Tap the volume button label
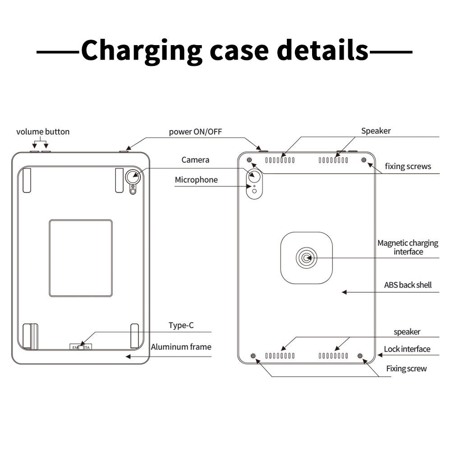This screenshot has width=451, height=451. click(43, 132)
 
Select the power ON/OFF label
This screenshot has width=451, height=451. click(195, 132)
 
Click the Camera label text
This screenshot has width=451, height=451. click(195, 160)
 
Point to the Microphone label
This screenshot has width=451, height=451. click(196, 180)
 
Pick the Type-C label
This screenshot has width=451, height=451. click(181, 325)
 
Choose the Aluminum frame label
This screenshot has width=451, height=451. click(181, 347)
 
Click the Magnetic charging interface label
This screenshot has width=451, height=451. click(408, 247)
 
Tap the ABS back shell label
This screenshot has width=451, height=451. click(408, 285)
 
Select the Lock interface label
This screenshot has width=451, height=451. click(407, 349)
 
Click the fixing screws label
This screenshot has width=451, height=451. click(408, 166)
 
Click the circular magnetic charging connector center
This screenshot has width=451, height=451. click(307, 258)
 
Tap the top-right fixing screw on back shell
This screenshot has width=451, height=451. click(364, 160)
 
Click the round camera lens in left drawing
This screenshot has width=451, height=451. click(133, 177)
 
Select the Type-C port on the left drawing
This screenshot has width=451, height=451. click(81, 347)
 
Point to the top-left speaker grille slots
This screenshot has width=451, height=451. click(280, 160)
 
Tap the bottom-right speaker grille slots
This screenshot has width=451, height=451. click(333, 356)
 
